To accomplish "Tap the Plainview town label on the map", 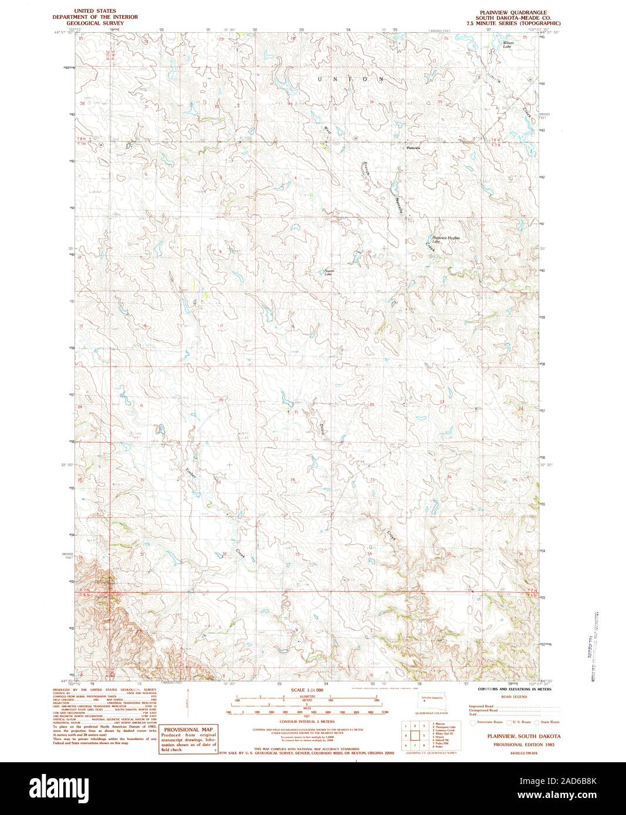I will [414, 148].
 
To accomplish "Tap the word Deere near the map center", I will [322, 429].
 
